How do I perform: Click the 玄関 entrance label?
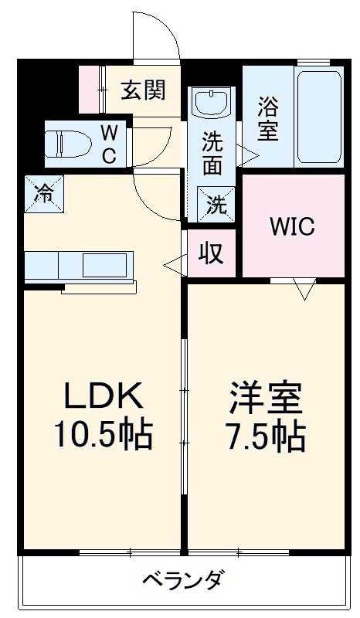click(143, 90)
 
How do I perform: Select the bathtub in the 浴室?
click(319, 117)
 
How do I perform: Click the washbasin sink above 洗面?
click(212, 102)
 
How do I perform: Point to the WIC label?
click(293, 226)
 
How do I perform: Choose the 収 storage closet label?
click(211, 253)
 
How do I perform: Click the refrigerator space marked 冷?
click(44, 194)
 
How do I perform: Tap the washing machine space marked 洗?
click(216, 204)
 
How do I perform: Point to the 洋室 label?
click(267, 399)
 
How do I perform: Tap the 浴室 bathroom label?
click(269, 119)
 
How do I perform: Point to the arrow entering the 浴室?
click(248, 155)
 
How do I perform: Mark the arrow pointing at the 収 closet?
click(175, 265)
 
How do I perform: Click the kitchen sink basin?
click(104, 266)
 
